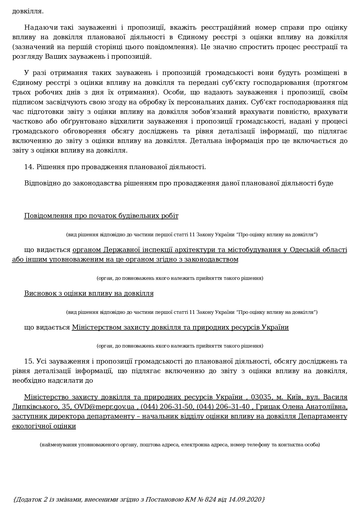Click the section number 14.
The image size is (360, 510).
pos(29,167)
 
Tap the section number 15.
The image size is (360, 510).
pos(29,361)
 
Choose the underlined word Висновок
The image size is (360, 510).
pos(40,294)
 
